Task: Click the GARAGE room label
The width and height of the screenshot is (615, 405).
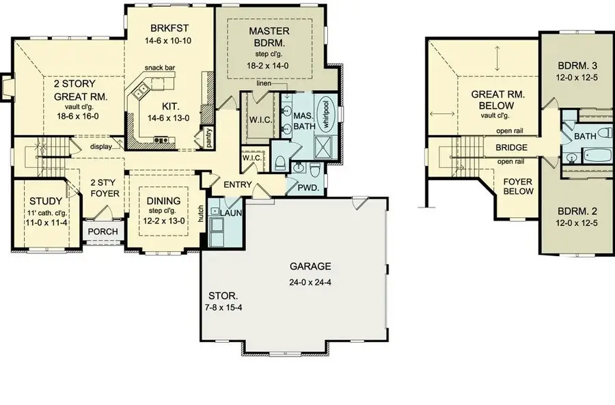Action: coord(309,266)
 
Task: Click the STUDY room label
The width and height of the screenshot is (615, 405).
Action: coord(46,201)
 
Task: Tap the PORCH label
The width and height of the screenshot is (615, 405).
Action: coord(103,231)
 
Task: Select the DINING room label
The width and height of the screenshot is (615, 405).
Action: coord(163,200)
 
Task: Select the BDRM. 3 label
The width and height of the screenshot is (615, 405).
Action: coord(577,66)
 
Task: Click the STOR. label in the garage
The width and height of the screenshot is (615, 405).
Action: coord(223,296)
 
